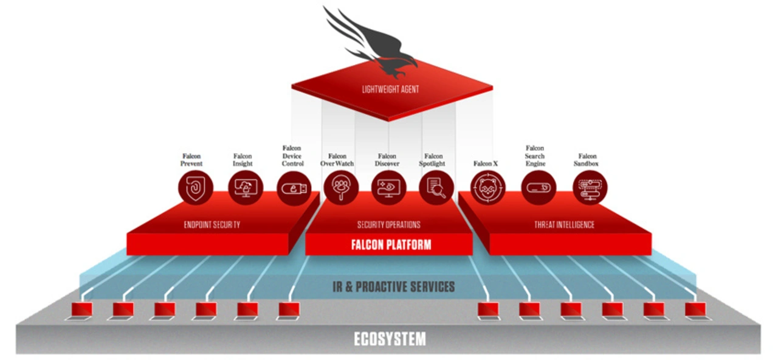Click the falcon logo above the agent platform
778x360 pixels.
click(374, 43)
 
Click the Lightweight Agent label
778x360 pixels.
click(391, 89)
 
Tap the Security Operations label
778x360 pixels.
click(388, 225)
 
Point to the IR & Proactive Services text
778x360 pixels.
click(393, 286)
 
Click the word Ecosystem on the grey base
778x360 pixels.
click(390, 339)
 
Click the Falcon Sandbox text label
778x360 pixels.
click(588, 160)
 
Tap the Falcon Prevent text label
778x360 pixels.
click(191, 160)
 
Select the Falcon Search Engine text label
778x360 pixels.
click(535, 156)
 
